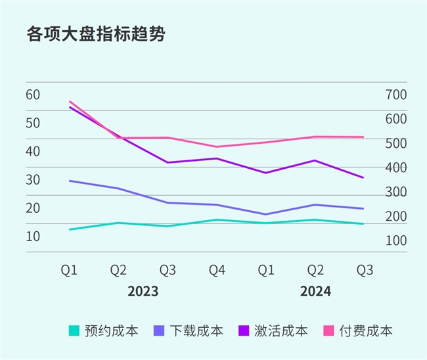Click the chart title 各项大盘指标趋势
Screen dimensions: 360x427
point(95,34)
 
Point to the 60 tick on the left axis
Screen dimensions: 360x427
point(34,94)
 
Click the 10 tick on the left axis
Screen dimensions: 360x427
point(34,236)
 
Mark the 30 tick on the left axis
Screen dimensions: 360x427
point(34,179)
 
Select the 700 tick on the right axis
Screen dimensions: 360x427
point(397,94)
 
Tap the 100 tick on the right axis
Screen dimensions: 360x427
point(397,240)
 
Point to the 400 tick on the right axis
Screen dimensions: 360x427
point(397,168)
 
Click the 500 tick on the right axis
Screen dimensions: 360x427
point(397,143)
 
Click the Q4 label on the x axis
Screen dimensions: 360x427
point(217,270)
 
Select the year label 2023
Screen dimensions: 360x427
point(143,291)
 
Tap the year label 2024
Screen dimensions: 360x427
point(315,291)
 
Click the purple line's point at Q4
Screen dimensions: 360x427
point(217,158)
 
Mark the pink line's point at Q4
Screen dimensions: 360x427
point(217,146)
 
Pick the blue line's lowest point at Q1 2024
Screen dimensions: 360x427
point(266,214)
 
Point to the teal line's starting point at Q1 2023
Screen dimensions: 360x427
point(70,229)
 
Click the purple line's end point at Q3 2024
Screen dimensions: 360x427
point(364,177)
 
